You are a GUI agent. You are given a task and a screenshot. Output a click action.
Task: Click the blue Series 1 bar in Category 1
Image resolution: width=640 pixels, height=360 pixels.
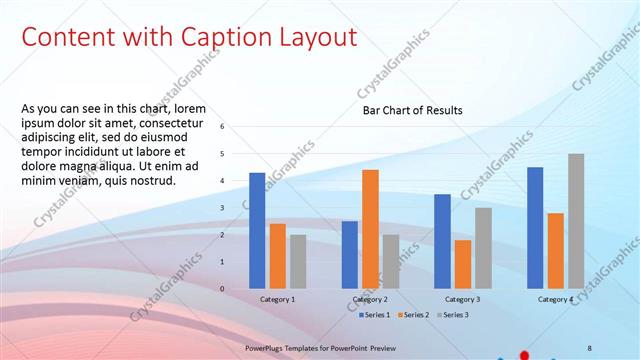tap(257, 230)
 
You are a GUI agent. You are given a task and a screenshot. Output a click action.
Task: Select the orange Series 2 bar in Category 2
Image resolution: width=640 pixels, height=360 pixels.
tap(370, 229)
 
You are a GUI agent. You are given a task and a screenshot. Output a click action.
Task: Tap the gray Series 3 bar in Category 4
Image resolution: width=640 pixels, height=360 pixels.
tap(576, 221)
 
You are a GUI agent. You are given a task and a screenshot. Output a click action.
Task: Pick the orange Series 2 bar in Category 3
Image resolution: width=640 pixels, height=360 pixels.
tap(462, 264)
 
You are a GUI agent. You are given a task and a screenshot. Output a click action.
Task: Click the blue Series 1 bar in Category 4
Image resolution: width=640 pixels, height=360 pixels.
tap(535, 227)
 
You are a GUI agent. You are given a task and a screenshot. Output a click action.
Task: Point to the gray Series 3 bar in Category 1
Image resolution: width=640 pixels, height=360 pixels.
tap(298, 261)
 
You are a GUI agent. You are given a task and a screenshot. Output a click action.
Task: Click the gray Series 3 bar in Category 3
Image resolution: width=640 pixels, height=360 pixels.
tap(483, 248)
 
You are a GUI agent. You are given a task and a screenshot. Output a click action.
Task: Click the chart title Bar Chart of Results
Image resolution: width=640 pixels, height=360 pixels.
tap(412, 111)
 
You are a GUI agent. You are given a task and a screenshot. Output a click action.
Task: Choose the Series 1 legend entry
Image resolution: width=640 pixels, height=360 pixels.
tap(377, 314)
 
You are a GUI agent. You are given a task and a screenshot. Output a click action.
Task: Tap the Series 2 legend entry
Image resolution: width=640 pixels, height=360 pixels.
tap(414, 314)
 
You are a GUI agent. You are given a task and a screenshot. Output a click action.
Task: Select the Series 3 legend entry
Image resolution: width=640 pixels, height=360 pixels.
tap(451, 314)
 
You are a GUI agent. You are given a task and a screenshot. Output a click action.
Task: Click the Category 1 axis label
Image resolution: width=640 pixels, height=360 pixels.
tap(277, 299)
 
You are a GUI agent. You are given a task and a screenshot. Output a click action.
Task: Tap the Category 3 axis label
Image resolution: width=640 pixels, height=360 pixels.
tap(462, 299)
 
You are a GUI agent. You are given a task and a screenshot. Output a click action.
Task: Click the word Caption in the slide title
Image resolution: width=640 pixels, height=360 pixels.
tap(222, 37)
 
